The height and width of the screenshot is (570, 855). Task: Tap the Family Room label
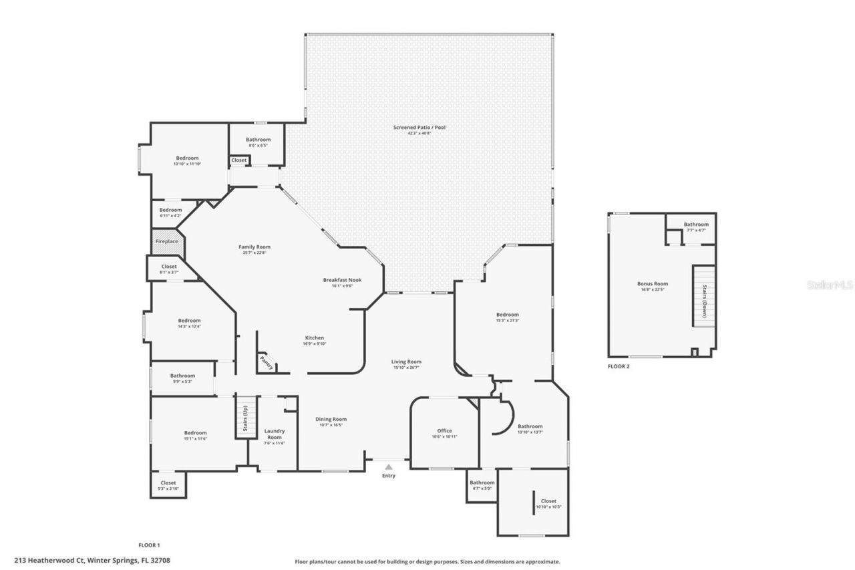click(x=254, y=247)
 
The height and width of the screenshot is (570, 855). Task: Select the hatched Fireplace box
click(x=166, y=242)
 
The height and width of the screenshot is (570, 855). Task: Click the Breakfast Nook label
click(x=342, y=280)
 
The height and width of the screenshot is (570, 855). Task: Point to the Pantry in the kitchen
click(x=267, y=363)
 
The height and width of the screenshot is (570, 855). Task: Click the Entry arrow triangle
click(x=388, y=467)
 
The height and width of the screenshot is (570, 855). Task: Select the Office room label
click(x=444, y=431)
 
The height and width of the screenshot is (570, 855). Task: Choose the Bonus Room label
click(x=652, y=284)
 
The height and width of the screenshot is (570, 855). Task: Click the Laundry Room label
click(x=275, y=434)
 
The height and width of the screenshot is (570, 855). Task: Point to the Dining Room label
click(x=331, y=420)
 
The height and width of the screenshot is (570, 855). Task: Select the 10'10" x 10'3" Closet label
click(x=548, y=501)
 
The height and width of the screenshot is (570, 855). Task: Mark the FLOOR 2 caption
click(x=618, y=366)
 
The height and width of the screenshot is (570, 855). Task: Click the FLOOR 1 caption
click(x=149, y=545)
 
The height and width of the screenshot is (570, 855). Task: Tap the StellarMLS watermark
click(x=830, y=285)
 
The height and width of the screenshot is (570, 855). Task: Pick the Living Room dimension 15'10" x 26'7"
click(x=406, y=368)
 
